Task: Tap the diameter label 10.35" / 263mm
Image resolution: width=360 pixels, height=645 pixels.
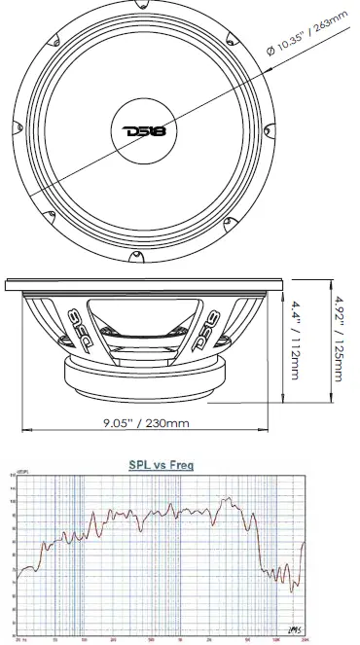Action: click(311, 36)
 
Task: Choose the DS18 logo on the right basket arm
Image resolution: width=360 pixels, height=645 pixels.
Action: click(212, 317)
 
